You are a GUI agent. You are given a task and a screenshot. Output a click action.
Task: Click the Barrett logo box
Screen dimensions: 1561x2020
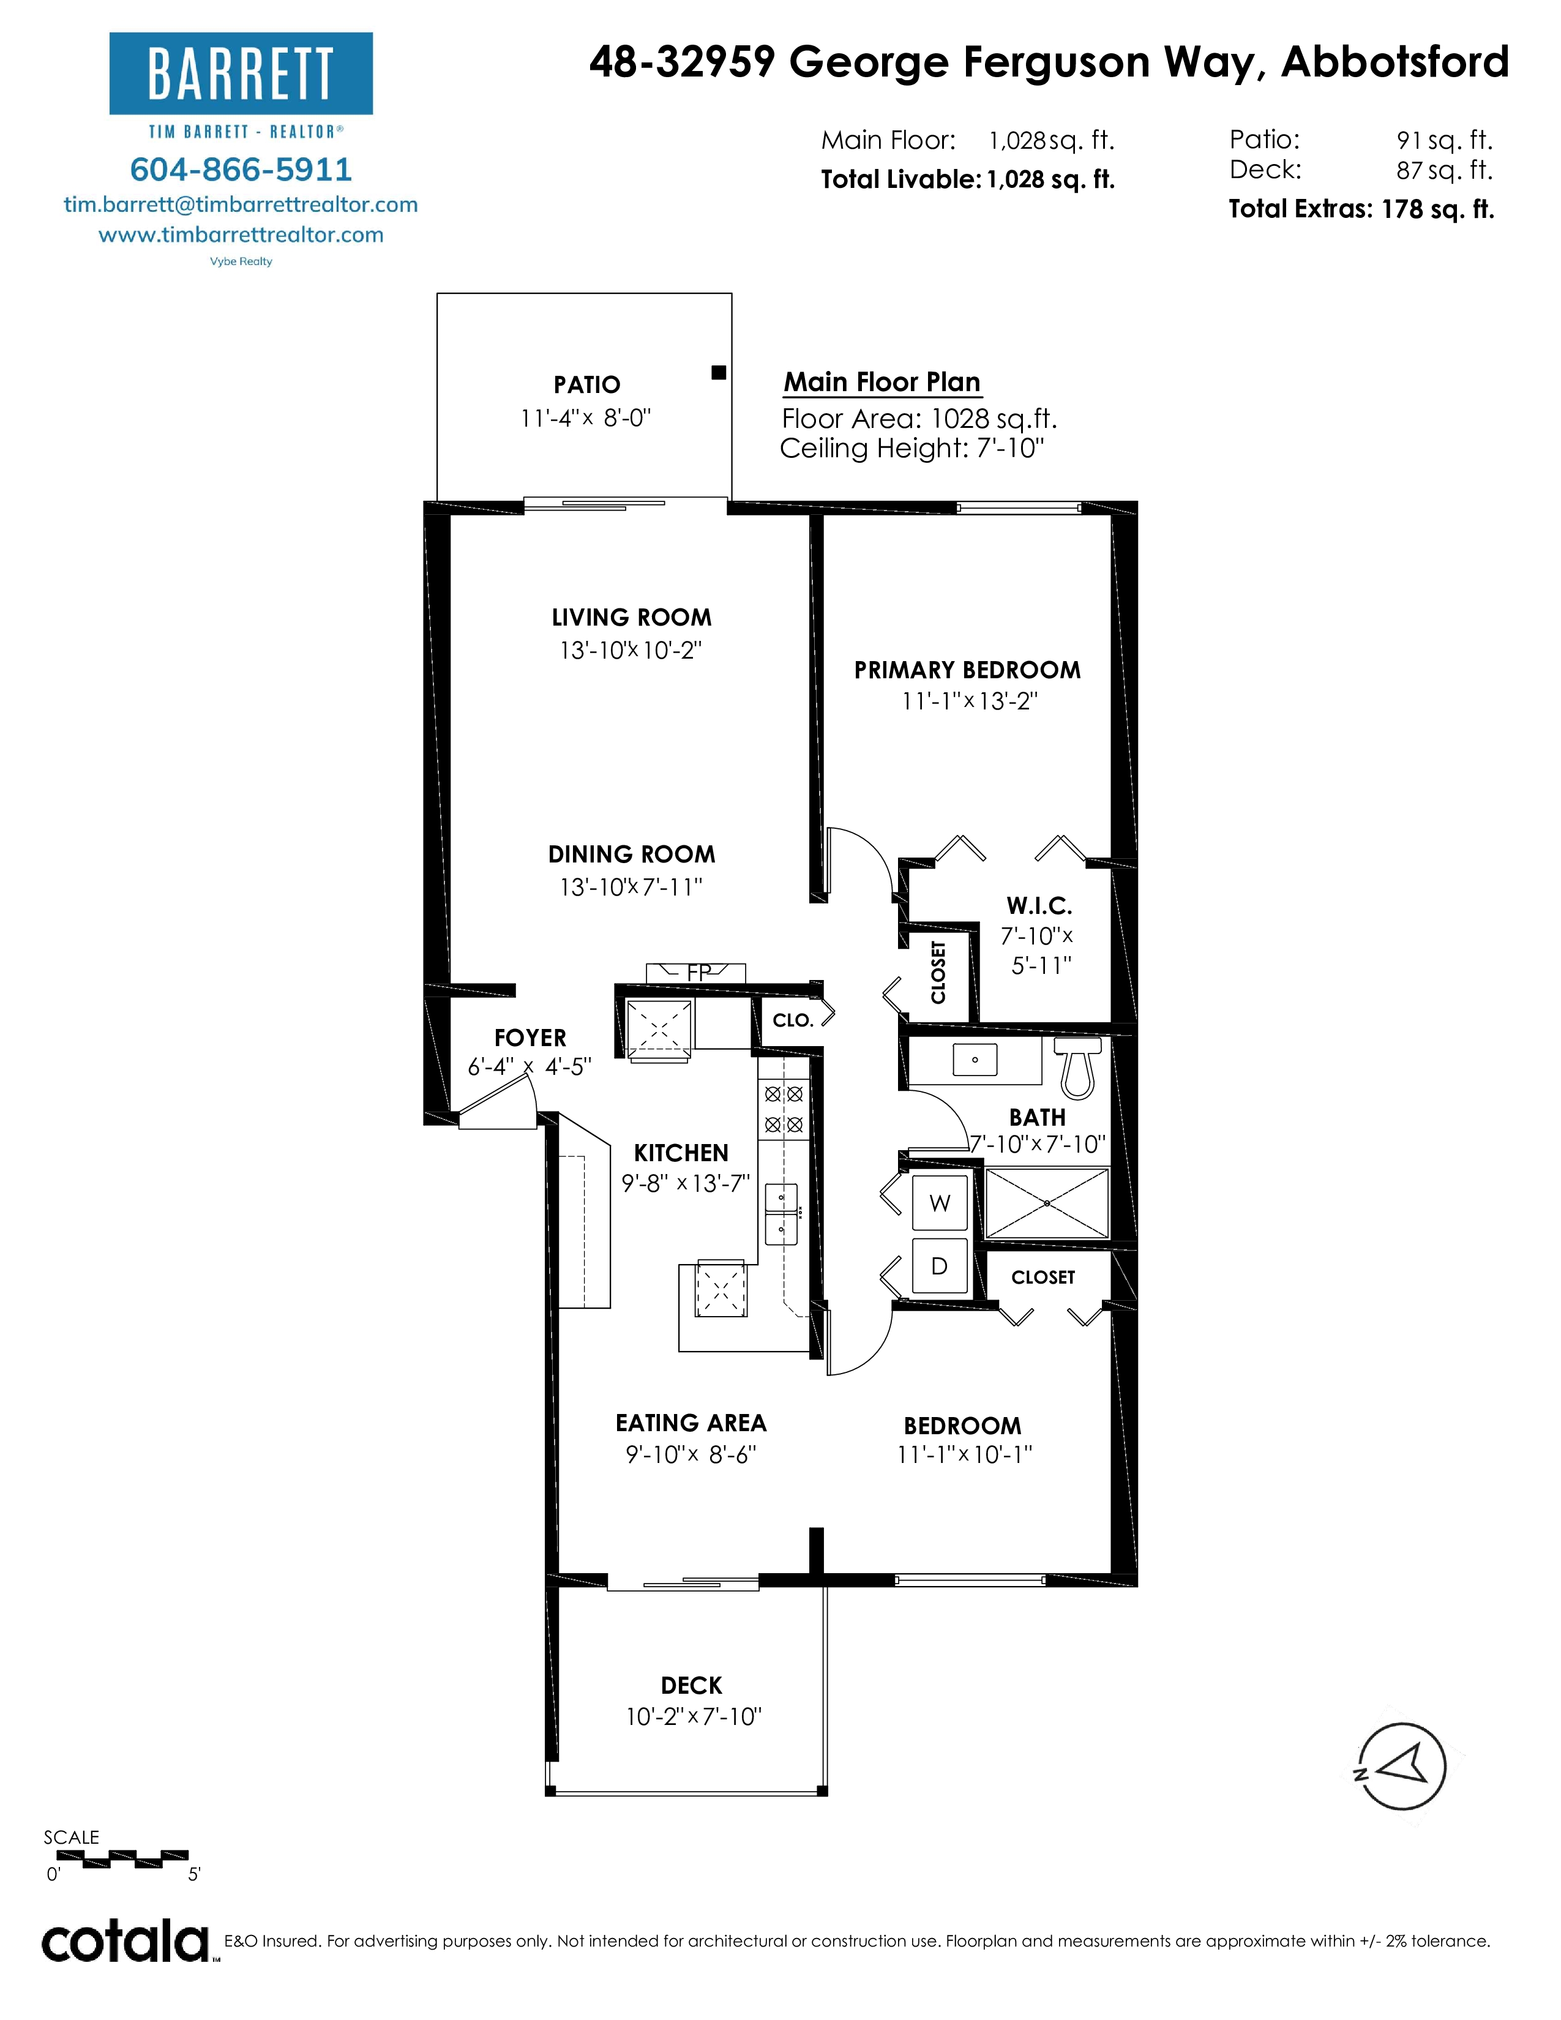(x=241, y=73)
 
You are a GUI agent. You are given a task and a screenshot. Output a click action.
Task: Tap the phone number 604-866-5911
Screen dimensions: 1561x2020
(x=241, y=170)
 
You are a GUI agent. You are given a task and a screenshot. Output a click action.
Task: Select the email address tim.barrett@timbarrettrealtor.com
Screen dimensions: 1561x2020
(x=241, y=204)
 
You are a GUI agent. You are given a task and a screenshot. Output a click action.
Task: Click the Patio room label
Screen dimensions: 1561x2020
(x=586, y=385)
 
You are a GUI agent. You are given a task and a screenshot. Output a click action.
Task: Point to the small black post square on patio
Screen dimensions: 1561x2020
(x=719, y=373)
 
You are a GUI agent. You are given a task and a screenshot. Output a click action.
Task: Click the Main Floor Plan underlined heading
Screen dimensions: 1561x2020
(x=882, y=382)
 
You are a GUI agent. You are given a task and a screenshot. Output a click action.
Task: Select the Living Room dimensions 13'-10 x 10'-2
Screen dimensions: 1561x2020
(x=631, y=650)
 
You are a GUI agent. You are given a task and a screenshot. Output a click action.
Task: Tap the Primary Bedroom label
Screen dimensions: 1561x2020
(x=967, y=670)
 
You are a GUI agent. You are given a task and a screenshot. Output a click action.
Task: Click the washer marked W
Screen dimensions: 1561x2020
(x=940, y=1203)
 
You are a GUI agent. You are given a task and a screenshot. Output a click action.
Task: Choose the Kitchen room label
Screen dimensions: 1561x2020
(x=681, y=1153)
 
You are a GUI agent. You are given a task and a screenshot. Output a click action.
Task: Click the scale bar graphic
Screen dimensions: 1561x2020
(x=116, y=1858)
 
